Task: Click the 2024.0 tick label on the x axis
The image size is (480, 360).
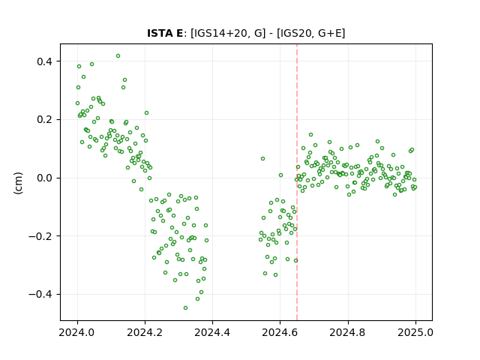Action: tap(77, 332)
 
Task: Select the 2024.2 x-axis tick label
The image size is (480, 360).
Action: tap(145, 332)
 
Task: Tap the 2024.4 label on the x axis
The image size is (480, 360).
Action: tap(212, 332)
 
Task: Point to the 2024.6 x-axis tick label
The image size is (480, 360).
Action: tap(280, 332)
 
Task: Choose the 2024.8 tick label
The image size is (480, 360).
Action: tap(348, 332)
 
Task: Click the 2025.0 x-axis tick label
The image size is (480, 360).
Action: tap(415, 332)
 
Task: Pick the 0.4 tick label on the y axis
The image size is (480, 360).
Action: tap(46, 61)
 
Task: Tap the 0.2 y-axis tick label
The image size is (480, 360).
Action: tap(46, 119)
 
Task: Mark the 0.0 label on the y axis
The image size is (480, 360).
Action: tap(46, 178)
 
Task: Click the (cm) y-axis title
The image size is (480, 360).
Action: tap(18, 183)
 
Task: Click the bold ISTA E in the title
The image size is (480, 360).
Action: tap(165, 33)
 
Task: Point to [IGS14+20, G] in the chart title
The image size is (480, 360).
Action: tap(228, 33)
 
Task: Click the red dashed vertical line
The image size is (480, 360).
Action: tap(297, 182)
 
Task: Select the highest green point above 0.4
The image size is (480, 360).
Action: tap(118, 56)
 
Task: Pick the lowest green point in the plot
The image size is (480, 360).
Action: tap(185, 307)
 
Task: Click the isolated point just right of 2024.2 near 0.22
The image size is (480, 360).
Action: tap(147, 113)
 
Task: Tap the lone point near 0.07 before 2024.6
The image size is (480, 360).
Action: tap(262, 158)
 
